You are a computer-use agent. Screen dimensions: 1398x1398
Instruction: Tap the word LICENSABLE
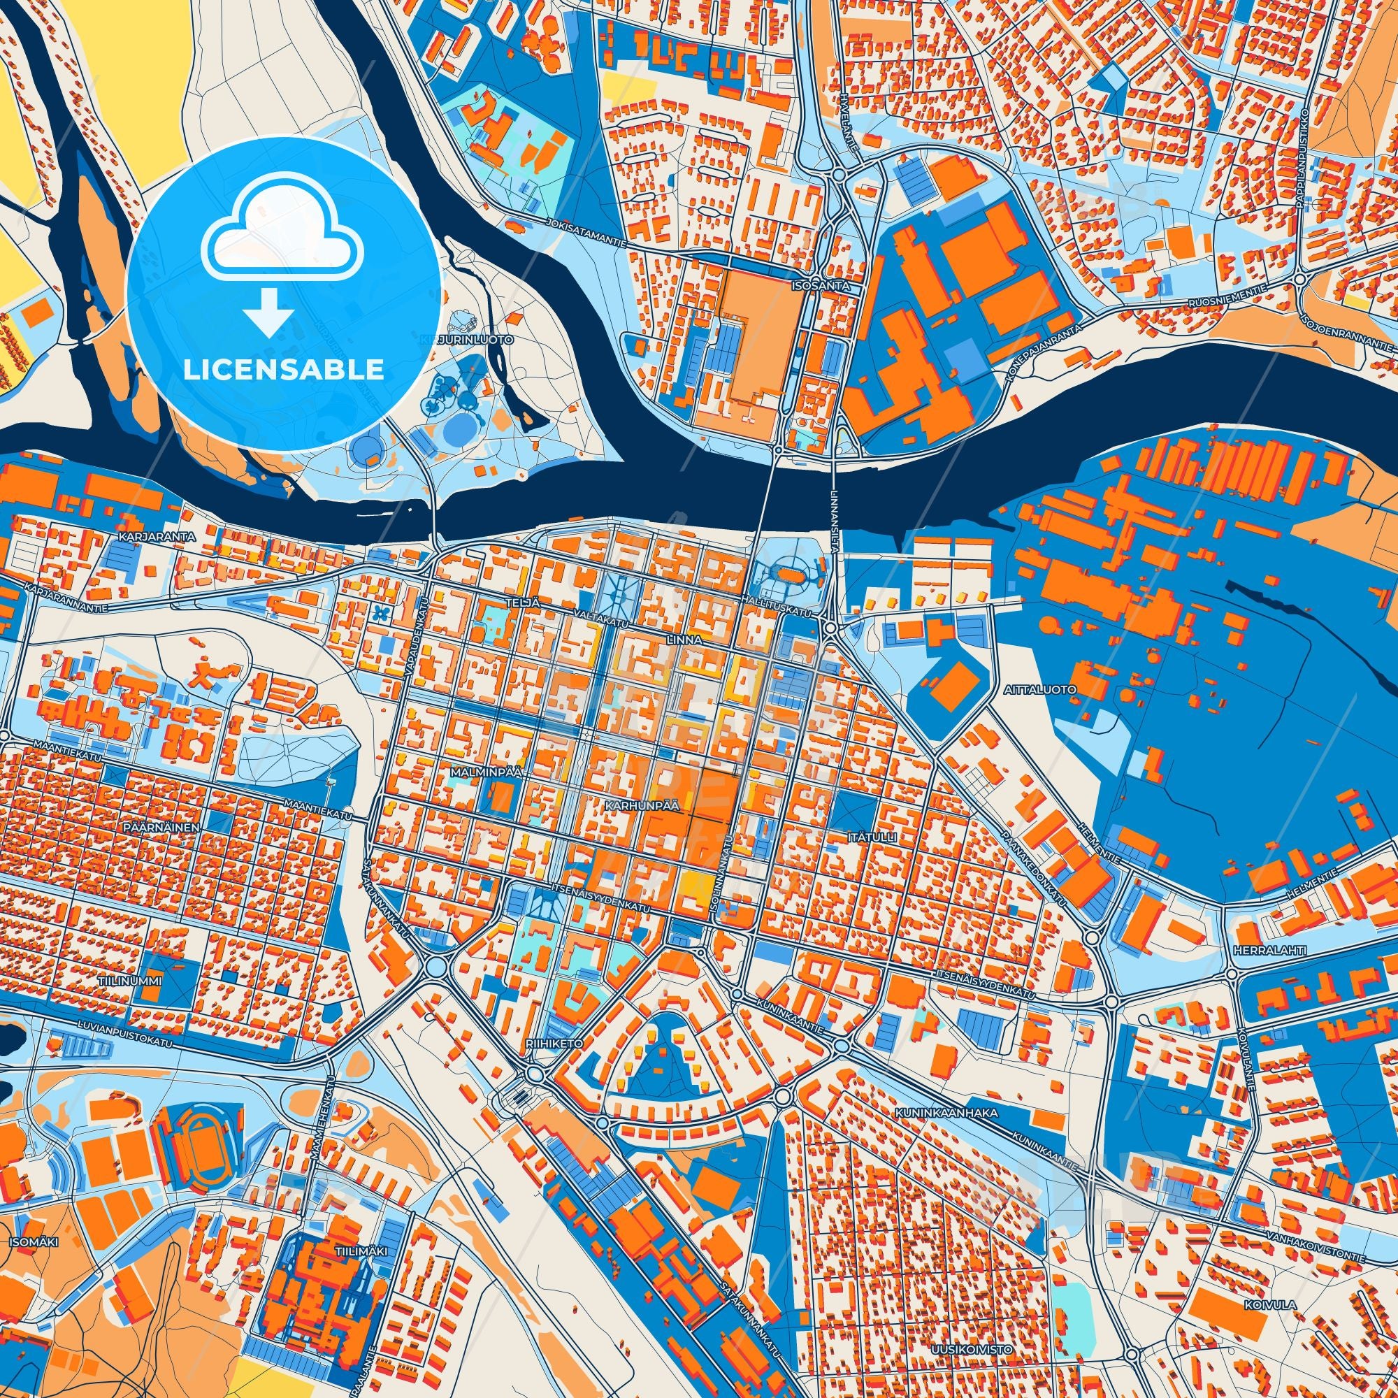(x=283, y=370)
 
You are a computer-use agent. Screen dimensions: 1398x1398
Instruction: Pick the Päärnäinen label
(x=171, y=826)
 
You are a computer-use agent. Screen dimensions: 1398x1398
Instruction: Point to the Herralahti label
(x=1255, y=949)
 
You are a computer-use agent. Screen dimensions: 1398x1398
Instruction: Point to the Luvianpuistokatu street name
(x=129, y=1043)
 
